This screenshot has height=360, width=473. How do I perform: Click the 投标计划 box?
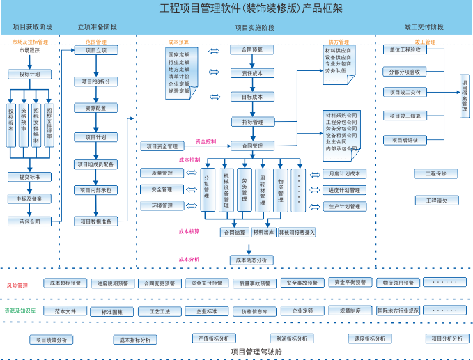pyautogui.click(x=29, y=74)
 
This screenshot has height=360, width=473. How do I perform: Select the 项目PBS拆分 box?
pyautogui.click(x=96, y=81)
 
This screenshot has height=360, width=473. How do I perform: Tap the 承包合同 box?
pyautogui.click(x=29, y=221)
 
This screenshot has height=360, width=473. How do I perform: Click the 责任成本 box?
pyautogui.click(x=252, y=73)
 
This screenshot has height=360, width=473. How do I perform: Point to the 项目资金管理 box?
pyautogui.click(x=162, y=146)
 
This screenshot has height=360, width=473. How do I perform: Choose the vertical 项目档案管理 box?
pyautogui.click(x=465, y=96)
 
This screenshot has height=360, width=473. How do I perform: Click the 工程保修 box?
pyautogui.click(x=436, y=173)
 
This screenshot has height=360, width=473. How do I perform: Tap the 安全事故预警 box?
pyautogui.click(x=303, y=283)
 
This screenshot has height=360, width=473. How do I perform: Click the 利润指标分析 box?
pyautogui.click(x=291, y=338)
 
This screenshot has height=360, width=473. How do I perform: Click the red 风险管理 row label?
pyautogui.click(x=17, y=285)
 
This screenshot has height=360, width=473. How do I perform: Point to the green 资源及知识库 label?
pyautogui.click(x=20, y=311)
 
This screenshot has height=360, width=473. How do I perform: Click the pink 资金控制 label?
pyautogui.click(x=206, y=141)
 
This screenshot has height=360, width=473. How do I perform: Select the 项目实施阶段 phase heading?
pyautogui.click(x=254, y=28)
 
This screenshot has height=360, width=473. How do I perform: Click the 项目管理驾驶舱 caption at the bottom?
pyautogui.click(x=256, y=352)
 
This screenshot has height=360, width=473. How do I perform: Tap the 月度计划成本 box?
pyautogui.click(x=345, y=174)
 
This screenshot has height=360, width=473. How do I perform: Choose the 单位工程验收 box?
pyautogui.click(x=404, y=49)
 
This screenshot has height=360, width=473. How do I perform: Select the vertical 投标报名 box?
pyautogui.click(x=11, y=125)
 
